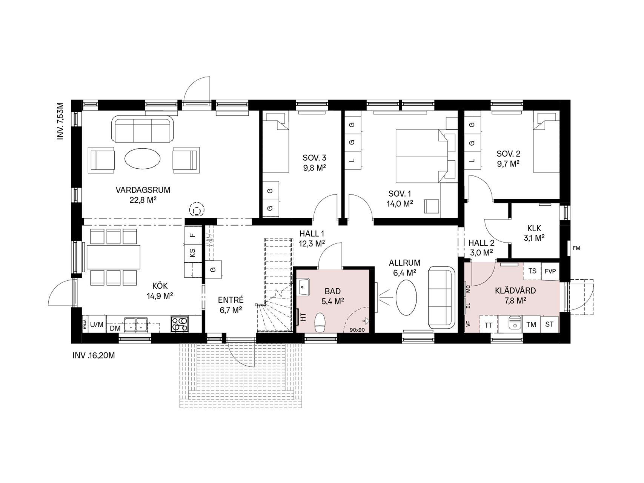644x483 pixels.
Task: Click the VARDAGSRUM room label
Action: tap(143, 190)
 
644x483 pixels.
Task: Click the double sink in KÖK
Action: tap(136, 324)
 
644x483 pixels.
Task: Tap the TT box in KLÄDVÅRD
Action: tap(489, 325)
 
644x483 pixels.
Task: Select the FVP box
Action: tap(550, 271)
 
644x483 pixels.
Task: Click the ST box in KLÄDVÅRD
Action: tap(549, 324)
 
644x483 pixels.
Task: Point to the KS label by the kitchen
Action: tap(192, 252)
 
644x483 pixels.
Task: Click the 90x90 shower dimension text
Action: tap(357, 330)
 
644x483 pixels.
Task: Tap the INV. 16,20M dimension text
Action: tap(94, 355)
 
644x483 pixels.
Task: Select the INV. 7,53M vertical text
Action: tap(60, 121)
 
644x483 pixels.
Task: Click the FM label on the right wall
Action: tap(576, 248)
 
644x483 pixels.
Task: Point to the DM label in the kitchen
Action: tap(115, 328)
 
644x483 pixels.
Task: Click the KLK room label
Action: tap(534, 228)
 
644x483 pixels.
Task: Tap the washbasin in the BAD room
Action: tap(303, 288)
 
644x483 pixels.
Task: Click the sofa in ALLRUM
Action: tap(440, 297)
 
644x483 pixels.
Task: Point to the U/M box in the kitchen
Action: tap(97, 324)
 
